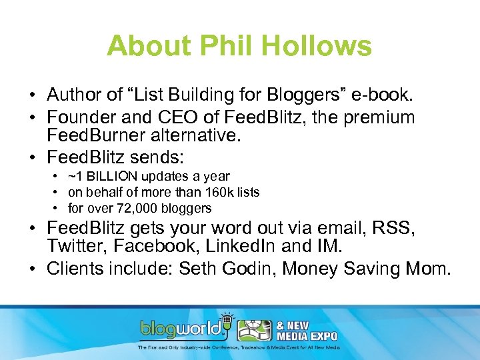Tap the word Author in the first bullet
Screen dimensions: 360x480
click(x=71, y=95)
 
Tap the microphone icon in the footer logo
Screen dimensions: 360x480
click(x=227, y=319)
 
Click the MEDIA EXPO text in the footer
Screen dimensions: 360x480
click(x=309, y=335)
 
